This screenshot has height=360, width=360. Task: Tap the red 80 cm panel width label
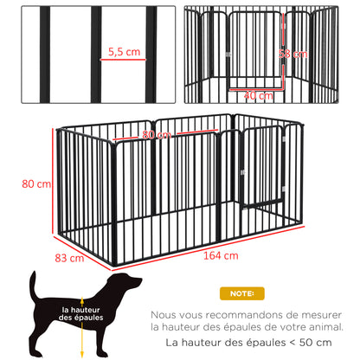pos(157,135)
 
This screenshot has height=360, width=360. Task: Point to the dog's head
pos(127,284)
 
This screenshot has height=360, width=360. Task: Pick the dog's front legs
pos(111,333)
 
